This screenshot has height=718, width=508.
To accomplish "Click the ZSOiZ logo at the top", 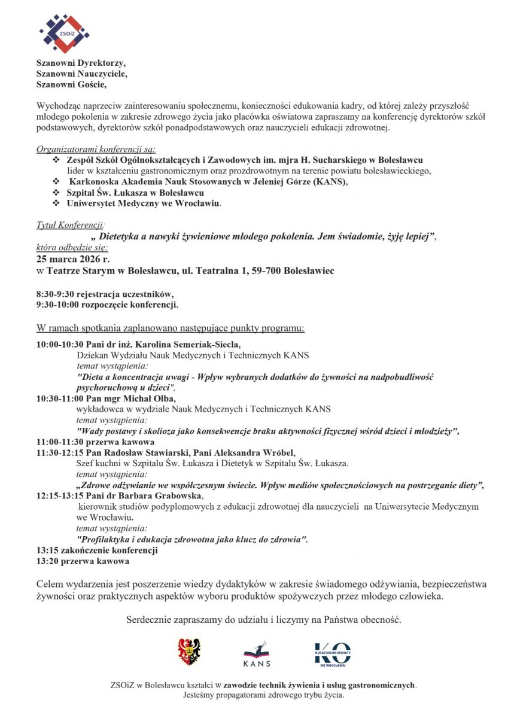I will click(64, 33).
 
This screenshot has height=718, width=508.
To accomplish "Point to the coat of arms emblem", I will click(189, 652).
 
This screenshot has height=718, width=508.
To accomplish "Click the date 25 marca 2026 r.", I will click(73, 260).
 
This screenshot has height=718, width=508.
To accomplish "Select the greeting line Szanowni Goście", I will click(71, 84).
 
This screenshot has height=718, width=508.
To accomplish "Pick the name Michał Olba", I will click(153, 398).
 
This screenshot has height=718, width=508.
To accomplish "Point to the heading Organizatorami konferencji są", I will click(96, 150).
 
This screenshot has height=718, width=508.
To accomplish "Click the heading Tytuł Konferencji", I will click(70, 225).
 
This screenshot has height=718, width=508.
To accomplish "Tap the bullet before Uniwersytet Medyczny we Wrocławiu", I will click(56, 203).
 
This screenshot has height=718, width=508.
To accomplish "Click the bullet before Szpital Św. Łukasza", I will click(56, 193).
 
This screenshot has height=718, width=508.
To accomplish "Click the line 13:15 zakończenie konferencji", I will click(97, 550).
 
